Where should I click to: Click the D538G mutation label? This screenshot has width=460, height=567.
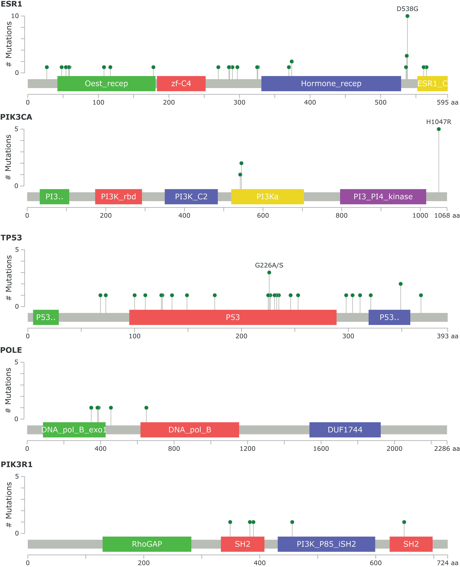pyautogui.click(x=407, y=9)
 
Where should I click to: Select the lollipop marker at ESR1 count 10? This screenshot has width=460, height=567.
pyautogui.click(x=407, y=16)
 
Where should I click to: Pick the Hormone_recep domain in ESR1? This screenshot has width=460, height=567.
pyautogui.click(x=331, y=83)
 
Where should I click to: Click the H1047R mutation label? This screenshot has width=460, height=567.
pyautogui.click(x=439, y=122)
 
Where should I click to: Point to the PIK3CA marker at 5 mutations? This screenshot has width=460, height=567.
pyautogui.click(x=439, y=129)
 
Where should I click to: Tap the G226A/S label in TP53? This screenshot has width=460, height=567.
pyautogui.click(x=269, y=265)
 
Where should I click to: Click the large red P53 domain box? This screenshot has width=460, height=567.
pyautogui.click(x=233, y=317)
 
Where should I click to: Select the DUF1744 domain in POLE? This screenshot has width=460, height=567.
pyautogui.click(x=345, y=430)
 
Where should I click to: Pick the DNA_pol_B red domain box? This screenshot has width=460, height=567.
pyautogui.click(x=190, y=430)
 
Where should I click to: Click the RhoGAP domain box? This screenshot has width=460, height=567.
pyautogui.click(x=147, y=544)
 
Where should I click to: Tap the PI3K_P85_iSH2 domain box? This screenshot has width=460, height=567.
pyautogui.click(x=326, y=544)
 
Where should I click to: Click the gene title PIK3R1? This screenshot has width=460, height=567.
pyautogui.click(x=16, y=464)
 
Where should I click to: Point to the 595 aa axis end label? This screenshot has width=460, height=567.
pyautogui.click(x=447, y=103)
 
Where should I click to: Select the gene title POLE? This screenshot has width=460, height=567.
pyautogui.click(x=11, y=350)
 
